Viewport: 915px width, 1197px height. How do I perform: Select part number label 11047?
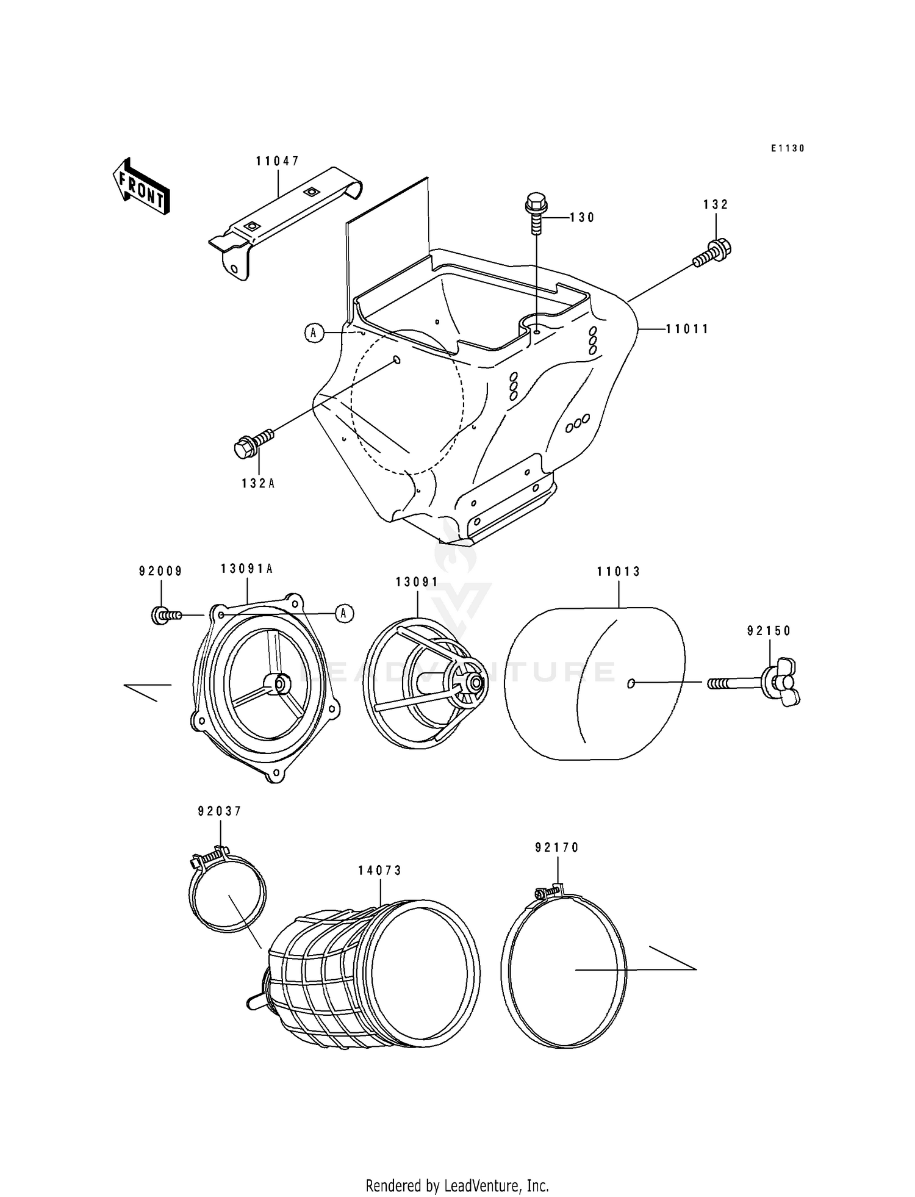[278, 161]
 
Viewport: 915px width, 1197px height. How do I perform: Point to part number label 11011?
[687, 329]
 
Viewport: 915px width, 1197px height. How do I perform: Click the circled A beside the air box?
[314, 332]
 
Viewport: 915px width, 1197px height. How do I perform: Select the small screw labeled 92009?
[165, 615]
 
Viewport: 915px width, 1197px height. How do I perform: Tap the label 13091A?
[246, 569]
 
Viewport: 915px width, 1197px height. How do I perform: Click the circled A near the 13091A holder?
[344, 613]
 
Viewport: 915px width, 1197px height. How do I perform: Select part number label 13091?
[417, 582]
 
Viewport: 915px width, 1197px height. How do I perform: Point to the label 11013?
[619, 572]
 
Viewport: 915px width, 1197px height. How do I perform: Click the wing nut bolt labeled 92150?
[769, 683]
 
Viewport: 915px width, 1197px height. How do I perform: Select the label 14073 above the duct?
[380, 871]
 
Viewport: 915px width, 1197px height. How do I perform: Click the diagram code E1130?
[787, 148]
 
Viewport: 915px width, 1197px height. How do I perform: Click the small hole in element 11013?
[631, 683]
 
